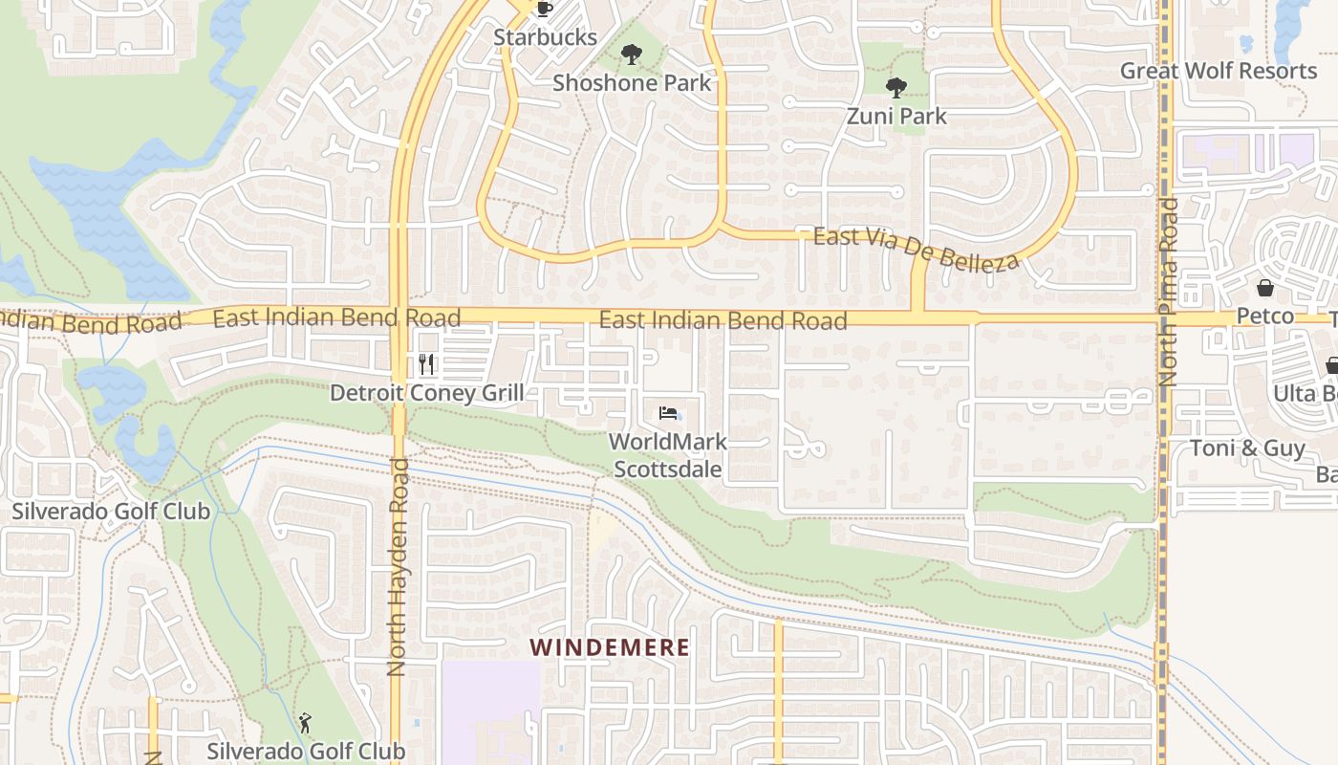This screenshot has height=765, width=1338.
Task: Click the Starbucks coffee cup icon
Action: (544, 10)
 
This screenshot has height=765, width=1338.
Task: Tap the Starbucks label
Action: (545, 38)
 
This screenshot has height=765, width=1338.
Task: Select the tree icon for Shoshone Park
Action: (631, 55)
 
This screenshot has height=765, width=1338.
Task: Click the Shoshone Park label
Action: (632, 83)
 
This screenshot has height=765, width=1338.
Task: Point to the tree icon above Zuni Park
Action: (896, 88)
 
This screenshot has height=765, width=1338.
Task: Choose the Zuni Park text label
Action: (896, 117)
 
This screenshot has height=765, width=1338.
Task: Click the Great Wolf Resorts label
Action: (1218, 71)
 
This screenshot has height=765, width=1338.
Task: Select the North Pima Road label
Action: (1168, 292)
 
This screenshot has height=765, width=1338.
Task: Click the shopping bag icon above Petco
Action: (1264, 288)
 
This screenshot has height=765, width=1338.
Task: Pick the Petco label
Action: (1264, 316)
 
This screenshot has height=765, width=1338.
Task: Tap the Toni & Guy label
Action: (1247, 448)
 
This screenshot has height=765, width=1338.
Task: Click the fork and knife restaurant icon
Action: (426, 364)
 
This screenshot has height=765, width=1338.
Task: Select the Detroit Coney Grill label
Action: (426, 393)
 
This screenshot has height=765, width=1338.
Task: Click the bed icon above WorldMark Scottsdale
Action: (669, 413)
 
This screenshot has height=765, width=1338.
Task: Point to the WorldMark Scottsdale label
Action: (668, 456)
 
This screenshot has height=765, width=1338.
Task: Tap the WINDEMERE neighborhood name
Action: (610, 647)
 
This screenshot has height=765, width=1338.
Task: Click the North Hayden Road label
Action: (399, 567)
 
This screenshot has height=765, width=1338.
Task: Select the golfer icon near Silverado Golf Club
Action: (305, 723)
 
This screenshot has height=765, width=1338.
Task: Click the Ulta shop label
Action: (1305, 393)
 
